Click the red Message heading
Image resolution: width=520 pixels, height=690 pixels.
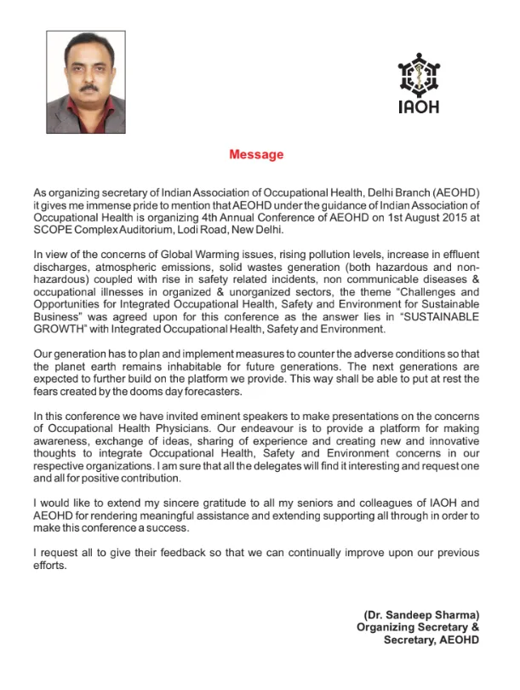[256, 155]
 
